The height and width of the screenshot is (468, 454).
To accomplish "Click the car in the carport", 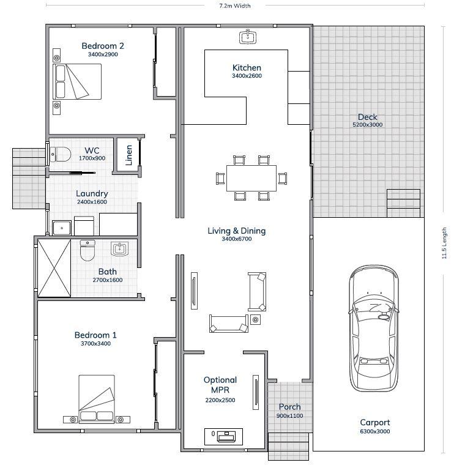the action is pyautogui.click(x=374, y=329).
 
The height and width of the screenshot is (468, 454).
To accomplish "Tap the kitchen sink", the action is pyautogui.click(x=248, y=37).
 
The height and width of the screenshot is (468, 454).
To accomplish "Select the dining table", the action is pyautogui.click(x=251, y=178).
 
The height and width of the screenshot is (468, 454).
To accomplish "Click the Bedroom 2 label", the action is pyautogui.click(x=103, y=46).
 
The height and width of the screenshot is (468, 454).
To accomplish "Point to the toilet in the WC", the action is pyautogui.click(x=61, y=154).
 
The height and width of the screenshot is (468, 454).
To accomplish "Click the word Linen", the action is pyautogui.click(x=129, y=155).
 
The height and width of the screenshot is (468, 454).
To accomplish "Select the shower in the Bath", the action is pyautogui.click(x=54, y=268).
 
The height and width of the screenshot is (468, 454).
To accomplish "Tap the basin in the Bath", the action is pyautogui.click(x=120, y=248).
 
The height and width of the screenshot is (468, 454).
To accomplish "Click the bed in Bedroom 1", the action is pyautogui.click(x=97, y=399).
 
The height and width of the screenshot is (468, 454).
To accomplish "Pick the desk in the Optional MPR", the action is pyautogui.click(x=223, y=436).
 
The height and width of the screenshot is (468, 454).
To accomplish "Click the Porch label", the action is pyautogui.click(x=289, y=407).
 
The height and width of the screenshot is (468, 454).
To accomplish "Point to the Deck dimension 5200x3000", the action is pyautogui.click(x=368, y=125).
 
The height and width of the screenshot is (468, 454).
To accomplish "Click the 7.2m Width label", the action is pyautogui.click(x=235, y=6).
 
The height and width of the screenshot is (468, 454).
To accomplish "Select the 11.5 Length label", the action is pyautogui.click(x=444, y=243).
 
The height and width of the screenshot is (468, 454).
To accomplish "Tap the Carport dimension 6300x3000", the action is pyautogui.click(x=375, y=431).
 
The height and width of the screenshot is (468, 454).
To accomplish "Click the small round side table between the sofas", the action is pyautogui.click(x=255, y=320).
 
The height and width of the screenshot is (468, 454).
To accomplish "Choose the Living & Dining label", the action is pyautogui.click(x=236, y=231).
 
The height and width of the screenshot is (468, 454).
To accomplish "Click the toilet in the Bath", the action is pyautogui.click(x=87, y=250).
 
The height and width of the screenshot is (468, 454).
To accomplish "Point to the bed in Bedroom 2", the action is pyautogui.click(x=77, y=81).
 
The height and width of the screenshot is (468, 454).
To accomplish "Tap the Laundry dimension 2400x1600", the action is pyautogui.click(x=92, y=202).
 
